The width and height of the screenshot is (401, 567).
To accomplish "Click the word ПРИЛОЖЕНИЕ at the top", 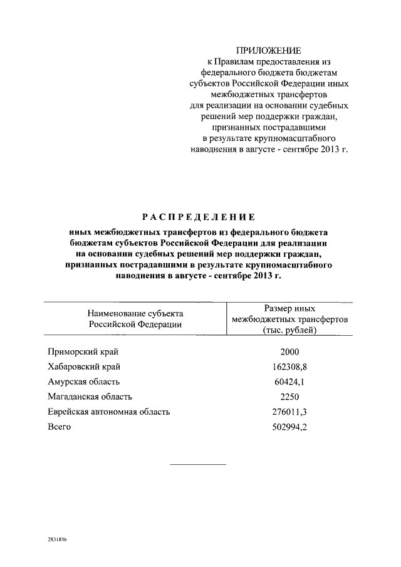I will (x=268, y=50).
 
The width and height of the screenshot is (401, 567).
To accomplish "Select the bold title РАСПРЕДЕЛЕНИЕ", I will (x=198, y=217).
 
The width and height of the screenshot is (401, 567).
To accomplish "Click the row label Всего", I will (x=60, y=427).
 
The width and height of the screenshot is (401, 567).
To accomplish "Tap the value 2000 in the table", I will (x=289, y=352).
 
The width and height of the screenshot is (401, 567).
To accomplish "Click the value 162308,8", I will (x=289, y=367).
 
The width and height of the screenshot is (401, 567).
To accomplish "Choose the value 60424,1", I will (x=289, y=382).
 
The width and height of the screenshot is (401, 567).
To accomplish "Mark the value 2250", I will (x=289, y=397).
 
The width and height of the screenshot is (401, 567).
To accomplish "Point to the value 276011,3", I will (x=289, y=412).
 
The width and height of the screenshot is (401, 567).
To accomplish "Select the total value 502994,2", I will (x=289, y=427).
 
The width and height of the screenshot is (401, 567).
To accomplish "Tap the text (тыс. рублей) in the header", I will (x=289, y=330).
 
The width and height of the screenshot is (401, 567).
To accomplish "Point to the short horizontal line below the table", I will (x=198, y=464).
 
